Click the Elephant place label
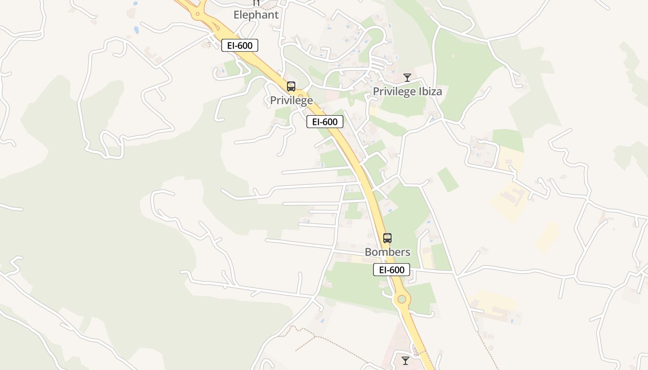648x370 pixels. pyautogui.click(x=256, y=15)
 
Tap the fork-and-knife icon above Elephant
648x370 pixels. pyautogui.click(x=256, y=3)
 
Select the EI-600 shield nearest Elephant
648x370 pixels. pyautogui.click(x=240, y=45)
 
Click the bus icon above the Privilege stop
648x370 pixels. pyautogui.click(x=291, y=86)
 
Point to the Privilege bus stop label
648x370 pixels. pyautogui.click(x=292, y=100)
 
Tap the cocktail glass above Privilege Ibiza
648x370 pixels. pyautogui.click(x=407, y=78)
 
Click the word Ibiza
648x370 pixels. pyautogui.click(x=430, y=92)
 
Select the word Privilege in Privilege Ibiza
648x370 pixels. pyautogui.click(x=394, y=92)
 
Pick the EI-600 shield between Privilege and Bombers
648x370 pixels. pyautogui.click(x=325, y=122)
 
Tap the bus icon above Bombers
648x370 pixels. pyautogui.click(x=387, y=238)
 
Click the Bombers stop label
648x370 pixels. pyautogui.click(x=387, y=252)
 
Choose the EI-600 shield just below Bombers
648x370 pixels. pyautogui.click(x=392, y=270)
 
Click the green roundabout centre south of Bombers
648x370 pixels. pyautogui.click(x=402, y=299)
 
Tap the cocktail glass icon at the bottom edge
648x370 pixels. pyautogui.click(x=405, y=360)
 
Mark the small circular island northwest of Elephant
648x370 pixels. pyautogui.click(x=198, y=14)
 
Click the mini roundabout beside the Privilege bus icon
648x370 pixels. pyautogui.click(x=300, y=96)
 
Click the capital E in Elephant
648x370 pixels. pyautogui.click(x=237, y=15)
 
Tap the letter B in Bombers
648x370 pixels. pyautogui.click(x=368, y=252)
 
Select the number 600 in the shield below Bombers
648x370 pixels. pyautogui.click(x=398, y=270)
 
